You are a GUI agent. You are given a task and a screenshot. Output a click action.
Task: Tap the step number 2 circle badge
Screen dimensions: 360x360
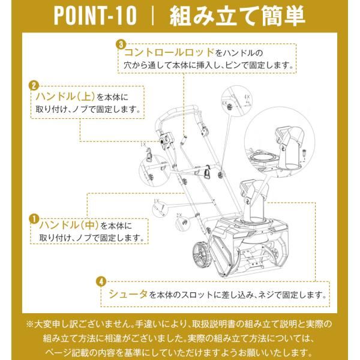tap(34, 85)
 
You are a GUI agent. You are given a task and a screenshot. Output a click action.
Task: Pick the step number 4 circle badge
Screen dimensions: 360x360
tap(102, 281)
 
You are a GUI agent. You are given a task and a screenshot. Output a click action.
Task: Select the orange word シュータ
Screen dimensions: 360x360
tap(128, 295)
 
